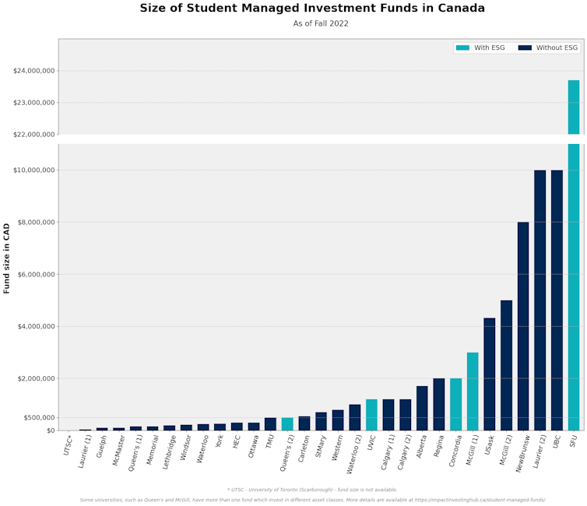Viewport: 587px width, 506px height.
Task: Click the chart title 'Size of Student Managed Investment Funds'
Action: click(312, 9)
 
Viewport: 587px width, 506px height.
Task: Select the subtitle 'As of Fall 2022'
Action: click(321, 24)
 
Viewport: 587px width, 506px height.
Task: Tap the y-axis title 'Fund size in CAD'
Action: click(7, 258)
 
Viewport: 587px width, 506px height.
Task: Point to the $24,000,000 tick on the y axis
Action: click(33, 71)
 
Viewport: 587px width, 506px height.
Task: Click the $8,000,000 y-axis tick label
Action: click(33, 223)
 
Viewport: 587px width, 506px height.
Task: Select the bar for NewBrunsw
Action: click(523, 326)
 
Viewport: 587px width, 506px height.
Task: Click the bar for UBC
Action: click(557, 300)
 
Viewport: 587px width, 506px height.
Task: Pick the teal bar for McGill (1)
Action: click(473, 392)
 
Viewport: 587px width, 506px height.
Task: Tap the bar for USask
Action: click(489, 374)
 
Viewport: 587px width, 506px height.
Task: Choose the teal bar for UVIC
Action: click(371, 415)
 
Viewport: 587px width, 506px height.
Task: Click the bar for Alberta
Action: click(422, 408)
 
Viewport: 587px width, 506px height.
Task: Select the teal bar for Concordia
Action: click(455, 404)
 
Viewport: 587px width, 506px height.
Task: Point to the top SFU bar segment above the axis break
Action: click(574, 107)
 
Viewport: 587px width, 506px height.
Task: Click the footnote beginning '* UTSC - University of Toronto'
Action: click(312, 490)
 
